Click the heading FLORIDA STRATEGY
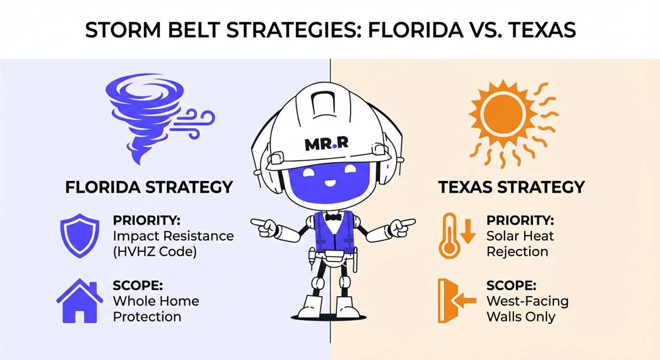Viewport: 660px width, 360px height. (148, 187)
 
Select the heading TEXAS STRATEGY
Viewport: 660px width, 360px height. (511, 187)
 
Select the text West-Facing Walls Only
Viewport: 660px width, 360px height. (527, 309)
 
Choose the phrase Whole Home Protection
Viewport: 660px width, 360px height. (155, 309)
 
